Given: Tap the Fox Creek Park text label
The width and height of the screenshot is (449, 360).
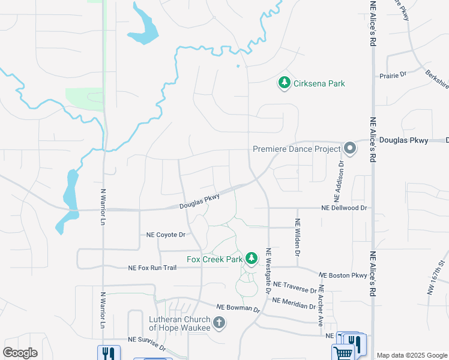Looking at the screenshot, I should click(215, 259).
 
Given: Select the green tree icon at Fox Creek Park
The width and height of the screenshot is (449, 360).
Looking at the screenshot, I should click(252, 259).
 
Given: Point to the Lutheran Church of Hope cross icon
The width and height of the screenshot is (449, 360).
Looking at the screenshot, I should click(219, 323).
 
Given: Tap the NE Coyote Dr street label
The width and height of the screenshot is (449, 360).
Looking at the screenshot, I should click(166, 235).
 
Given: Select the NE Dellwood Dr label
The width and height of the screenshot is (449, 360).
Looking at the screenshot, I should click(344, 208).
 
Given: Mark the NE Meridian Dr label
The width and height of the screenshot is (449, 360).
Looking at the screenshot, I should click(294, 302).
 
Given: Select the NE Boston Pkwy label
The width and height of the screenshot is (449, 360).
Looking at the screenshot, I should click(343, 275).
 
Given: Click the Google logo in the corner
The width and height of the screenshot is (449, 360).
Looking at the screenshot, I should click(20, 353).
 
